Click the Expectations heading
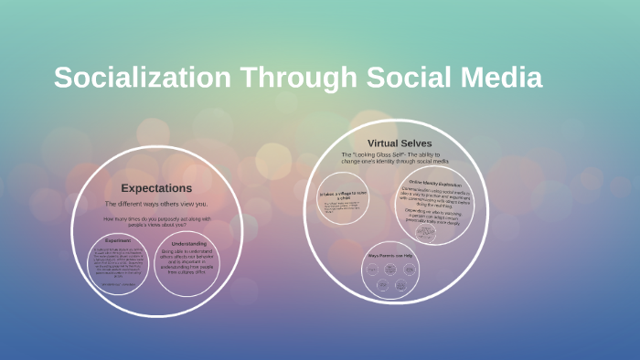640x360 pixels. (x=156, y=187)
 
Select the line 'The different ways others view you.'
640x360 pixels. (x=156, y=204)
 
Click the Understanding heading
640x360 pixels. (x=187, y=243)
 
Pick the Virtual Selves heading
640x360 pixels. (x=400, y=143)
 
